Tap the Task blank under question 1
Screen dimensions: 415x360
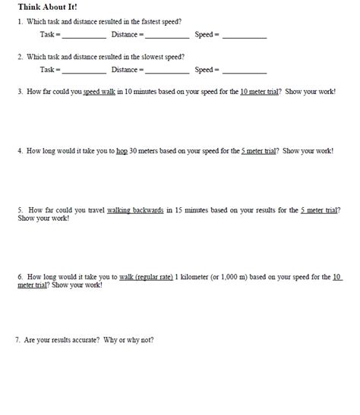84,36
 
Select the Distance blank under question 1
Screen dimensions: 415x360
166,36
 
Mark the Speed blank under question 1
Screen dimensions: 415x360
245,36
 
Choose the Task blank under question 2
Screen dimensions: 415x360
84,71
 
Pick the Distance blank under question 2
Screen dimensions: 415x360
166,71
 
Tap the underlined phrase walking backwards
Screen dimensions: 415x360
136,209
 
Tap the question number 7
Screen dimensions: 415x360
17,340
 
